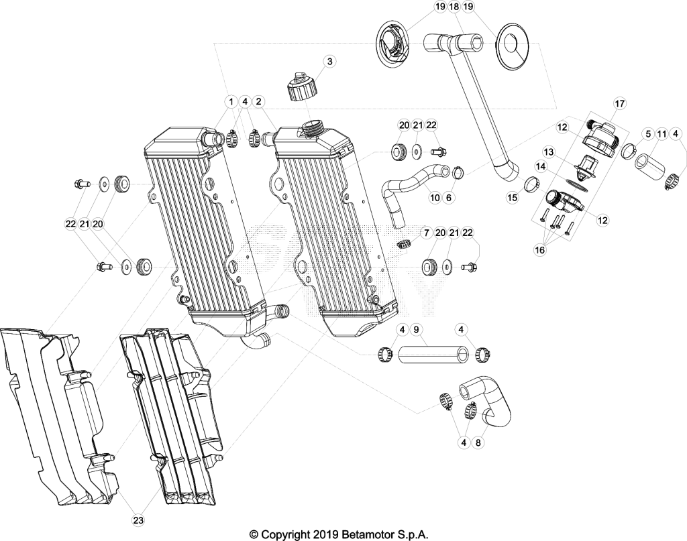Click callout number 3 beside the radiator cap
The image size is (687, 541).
pyautogui.click(x=329, y=61)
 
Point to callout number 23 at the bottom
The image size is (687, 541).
pyautogui.click(x=138, y=520)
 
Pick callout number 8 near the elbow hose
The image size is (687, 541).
pyautogui.click(x=478, y=442)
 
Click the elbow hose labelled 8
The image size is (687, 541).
pyautogui.click(x=487, y=400)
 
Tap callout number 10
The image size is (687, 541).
pyautogui.click(x=435, y=198)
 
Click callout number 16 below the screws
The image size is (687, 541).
pyautogui.click(x=540, y=250)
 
